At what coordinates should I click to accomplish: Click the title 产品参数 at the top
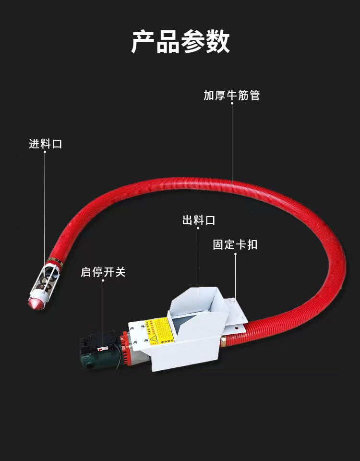pyautogui.click(x=180, y=42)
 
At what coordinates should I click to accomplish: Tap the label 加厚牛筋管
pyautogui.click(x=231, y=95)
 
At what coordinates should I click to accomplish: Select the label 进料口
pyautogui.click(x=46, y=144)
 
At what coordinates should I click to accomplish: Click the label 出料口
pyautogui.click(x=199, y=220)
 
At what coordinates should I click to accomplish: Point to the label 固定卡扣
pyautogui.click(x=235, y=244)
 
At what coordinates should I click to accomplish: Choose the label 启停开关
pyautogui.click(x=103, y=272)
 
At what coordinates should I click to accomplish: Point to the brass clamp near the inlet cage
pyautogui.click(x=56, y=261)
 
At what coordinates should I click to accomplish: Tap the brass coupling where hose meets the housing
pyautogui.click(x=223, y=341)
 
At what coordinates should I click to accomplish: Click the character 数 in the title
pyautogui.click(x=218, y=42)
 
